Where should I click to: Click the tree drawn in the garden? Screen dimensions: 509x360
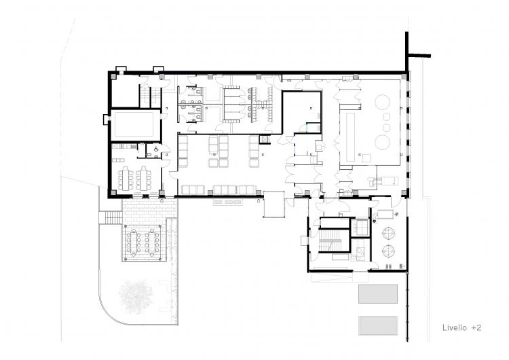click(x=135, y=295)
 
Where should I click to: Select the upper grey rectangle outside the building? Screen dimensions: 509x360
click(x=378, y=293)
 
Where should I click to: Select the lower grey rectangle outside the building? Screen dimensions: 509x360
click(x=378, y=325)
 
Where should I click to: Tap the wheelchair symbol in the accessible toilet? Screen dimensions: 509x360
click(x=157, y=149)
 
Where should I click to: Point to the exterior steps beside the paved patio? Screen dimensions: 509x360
click(x=111, y=217)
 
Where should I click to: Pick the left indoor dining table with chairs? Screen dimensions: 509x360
click(x=126, y=179)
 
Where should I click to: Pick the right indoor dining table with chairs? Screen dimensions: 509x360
click(x=144, y=179)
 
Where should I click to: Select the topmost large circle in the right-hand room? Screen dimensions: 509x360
click(x=382, y=102)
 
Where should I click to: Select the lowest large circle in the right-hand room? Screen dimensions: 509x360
click(x=382, y=143)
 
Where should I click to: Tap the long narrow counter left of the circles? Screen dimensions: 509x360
click(x=351, y=137)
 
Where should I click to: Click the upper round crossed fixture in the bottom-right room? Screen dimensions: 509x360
click(x=389, y=234)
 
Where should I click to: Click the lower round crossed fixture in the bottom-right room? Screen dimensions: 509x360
click(x=389, y=251)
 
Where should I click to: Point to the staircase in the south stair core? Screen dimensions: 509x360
click(x=330, y=240)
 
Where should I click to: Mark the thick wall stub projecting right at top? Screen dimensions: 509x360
click(x=419, y=56)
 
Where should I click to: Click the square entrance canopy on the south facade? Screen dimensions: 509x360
click(x=274, y=204)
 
